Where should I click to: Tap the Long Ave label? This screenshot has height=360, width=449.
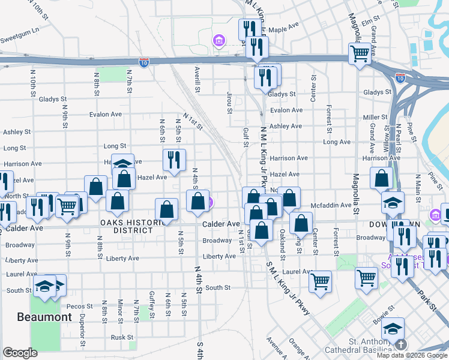coord(337,142)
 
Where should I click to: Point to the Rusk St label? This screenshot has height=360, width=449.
coord(121,337)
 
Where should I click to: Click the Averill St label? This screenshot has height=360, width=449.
coord(197,79)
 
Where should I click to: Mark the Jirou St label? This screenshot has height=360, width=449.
coord(229,103)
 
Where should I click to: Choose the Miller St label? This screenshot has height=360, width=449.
coord(375,117)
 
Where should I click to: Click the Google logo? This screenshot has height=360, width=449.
coord(20,353)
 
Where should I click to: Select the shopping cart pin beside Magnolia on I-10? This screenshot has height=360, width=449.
coord(360,53)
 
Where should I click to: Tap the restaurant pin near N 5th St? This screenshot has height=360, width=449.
coord(174,160)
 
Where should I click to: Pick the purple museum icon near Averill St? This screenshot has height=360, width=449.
coord(219,41)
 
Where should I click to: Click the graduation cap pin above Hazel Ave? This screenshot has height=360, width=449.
coord(122,164)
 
